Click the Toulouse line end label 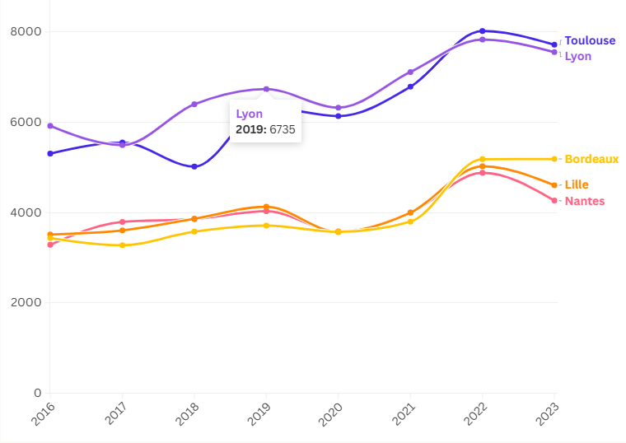[590, 40]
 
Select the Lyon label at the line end [577, 56]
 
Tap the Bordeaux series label [591, 159]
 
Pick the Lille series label [577, 184]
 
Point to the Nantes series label [584, 201]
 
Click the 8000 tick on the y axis [25, 31]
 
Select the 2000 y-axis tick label [25, 302]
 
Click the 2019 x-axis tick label [259, 413]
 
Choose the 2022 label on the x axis [476, 413]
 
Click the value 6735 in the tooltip [283, 128]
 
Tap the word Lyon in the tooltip [249, 114]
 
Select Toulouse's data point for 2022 [483, 31]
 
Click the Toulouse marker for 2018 [194, 166]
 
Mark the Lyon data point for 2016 [50, 126]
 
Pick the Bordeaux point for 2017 [123, 245]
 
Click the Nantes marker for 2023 [554, 200]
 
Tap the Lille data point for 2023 [554, 185]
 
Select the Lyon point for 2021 [410, 72]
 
